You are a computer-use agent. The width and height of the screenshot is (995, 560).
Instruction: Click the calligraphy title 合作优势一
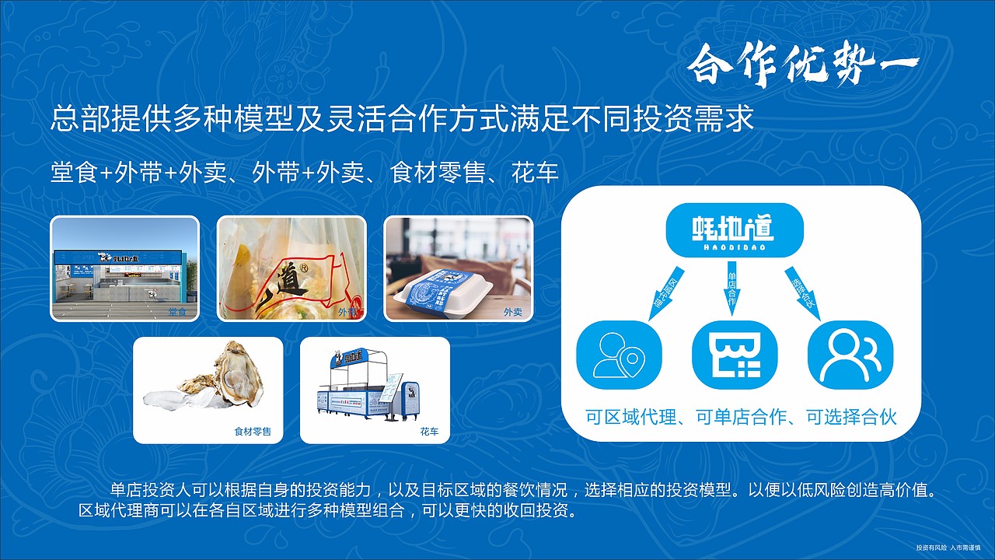click(802, 67)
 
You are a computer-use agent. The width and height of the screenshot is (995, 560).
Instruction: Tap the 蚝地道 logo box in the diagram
click(734, 229)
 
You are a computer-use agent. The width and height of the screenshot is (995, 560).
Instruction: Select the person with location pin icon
click(619, 355)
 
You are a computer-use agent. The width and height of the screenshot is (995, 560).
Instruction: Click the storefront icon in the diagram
click(735, 355)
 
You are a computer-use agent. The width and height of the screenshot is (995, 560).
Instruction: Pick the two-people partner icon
click(850, 355)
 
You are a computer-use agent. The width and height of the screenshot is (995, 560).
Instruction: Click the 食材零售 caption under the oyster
click(253, 432)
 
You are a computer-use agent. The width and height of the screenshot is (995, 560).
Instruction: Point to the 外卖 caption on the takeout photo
click(513, 312)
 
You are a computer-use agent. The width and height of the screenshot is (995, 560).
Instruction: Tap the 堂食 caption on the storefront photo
click(178, 312)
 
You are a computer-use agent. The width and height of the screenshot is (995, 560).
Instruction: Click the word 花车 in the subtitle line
click(536, 173)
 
